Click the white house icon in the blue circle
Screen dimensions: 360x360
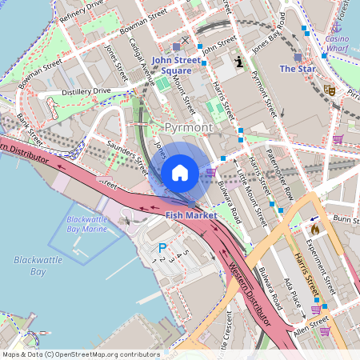tap(180, 173)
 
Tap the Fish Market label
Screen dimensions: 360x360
tap(191, 216)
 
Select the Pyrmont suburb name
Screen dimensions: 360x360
tap(189, 128)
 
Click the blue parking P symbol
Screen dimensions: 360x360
tap(162, 249)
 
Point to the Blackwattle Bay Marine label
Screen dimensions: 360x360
tap(86, 224)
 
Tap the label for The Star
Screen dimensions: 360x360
tap(297, 70)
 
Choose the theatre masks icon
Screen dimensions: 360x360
tap(329, 91)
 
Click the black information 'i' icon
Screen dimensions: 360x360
tap(238, 61)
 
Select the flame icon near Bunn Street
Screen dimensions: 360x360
tap(314, 229)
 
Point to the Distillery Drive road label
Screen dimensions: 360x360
tap(80, 92)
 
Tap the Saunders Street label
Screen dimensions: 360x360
tap(128, 157)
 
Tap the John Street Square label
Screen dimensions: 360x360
tap(172, 65)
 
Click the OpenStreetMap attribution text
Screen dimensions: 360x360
tap(82, 354)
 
